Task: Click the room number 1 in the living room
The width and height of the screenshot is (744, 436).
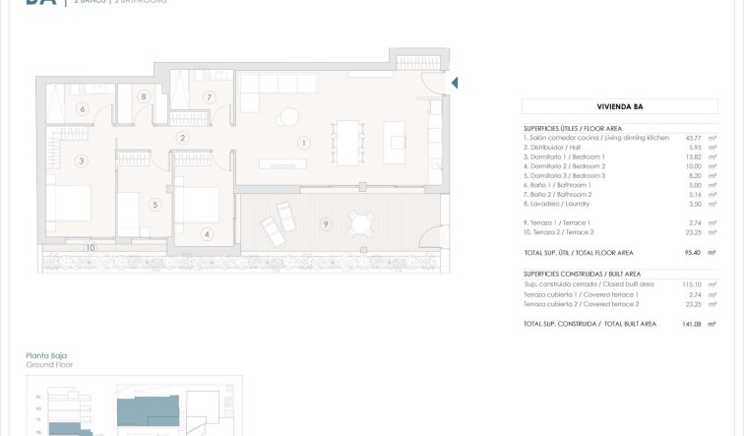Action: click(x=304, y=144)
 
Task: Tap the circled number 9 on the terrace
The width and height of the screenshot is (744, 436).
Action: click(x=326, y=223)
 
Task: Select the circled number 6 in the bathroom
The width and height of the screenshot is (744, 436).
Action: click(x=82, y=109)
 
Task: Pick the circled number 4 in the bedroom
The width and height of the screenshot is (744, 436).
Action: click(x=206, y=233)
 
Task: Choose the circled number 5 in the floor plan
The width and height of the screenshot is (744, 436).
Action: click(x=155, y=205)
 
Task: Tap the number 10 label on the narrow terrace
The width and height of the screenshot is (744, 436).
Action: click(x=90, y=247)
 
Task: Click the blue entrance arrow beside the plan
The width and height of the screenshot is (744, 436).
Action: click(x=455, y=84)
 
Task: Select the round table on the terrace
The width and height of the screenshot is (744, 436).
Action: click(x=362, y=224)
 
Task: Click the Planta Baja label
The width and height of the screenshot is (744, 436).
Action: click(x=46, y=355)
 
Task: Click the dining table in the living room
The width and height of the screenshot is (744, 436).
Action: click(x=347, y=140)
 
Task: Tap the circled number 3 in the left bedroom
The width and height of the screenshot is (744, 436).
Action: click(x=82, y=160)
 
